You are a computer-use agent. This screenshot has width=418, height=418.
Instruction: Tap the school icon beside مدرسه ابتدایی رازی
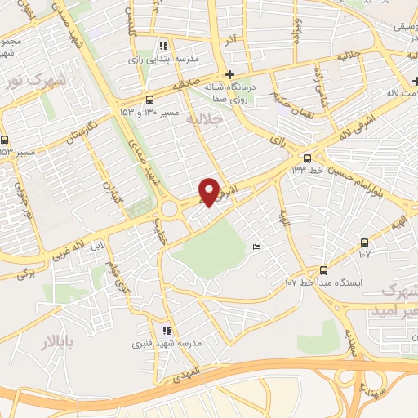164,46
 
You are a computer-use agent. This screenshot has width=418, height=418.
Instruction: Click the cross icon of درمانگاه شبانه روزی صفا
231,74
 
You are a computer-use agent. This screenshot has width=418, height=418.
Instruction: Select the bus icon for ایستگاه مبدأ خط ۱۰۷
324,270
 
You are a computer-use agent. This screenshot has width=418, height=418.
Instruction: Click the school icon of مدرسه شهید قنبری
167,331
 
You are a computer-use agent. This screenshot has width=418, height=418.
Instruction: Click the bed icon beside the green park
257,248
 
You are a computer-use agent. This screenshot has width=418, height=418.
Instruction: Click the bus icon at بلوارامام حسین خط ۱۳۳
307,158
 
